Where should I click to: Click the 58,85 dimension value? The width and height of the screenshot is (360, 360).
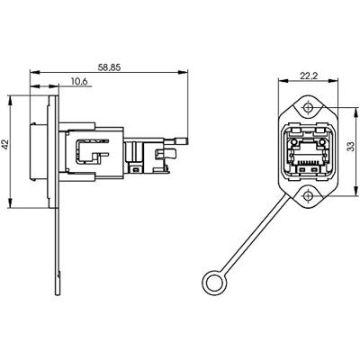109,67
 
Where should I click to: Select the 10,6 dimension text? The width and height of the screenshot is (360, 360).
79,81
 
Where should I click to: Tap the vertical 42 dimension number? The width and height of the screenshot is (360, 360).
5,145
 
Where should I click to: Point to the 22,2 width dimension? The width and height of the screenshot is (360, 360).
309,76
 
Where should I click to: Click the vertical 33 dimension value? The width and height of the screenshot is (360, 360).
350,147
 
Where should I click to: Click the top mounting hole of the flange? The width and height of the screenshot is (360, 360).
308,107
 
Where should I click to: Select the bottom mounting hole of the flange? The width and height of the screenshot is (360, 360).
308,196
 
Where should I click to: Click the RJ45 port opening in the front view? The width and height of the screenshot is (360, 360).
308,152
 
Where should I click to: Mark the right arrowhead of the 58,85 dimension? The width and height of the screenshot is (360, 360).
183,72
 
